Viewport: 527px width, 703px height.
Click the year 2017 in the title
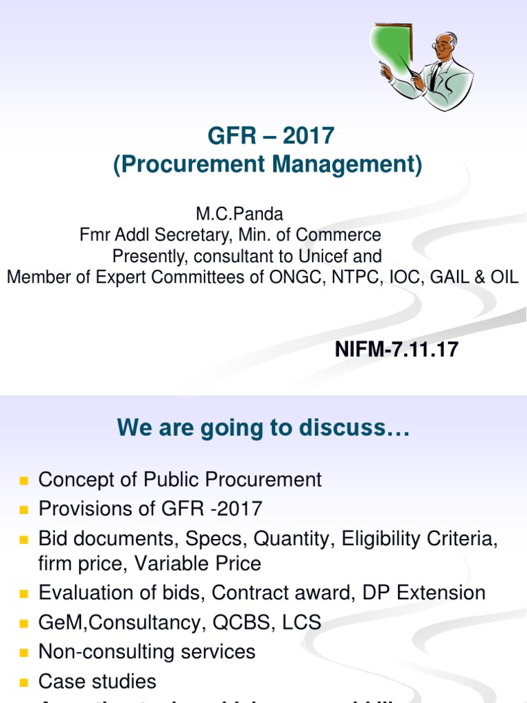(308, 136)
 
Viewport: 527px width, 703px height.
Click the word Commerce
(340, 235)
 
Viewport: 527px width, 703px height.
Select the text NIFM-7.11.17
(396, 350)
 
